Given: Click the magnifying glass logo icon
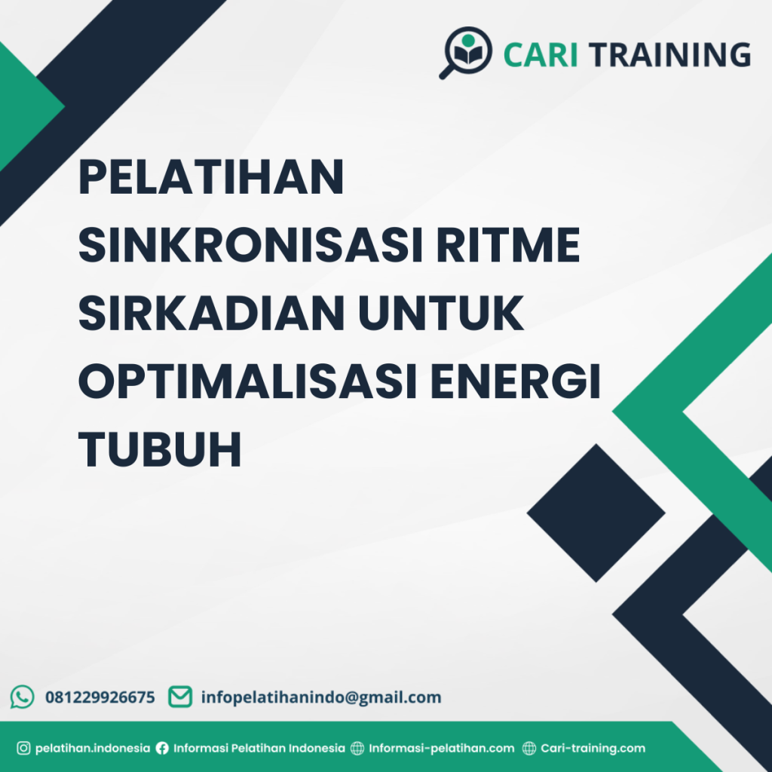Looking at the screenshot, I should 465,52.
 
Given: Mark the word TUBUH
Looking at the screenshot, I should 160,450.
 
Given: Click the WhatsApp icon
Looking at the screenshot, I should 23,697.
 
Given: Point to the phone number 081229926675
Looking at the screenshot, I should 100,697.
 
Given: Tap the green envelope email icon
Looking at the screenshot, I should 179,697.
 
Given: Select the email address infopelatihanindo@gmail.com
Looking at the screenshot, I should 321,697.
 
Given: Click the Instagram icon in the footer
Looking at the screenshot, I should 23,749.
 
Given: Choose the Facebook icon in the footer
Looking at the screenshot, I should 162,749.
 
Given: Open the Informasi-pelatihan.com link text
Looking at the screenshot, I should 442,749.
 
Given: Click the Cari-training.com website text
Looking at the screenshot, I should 593,749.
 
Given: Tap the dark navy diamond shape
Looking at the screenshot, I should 596,513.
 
